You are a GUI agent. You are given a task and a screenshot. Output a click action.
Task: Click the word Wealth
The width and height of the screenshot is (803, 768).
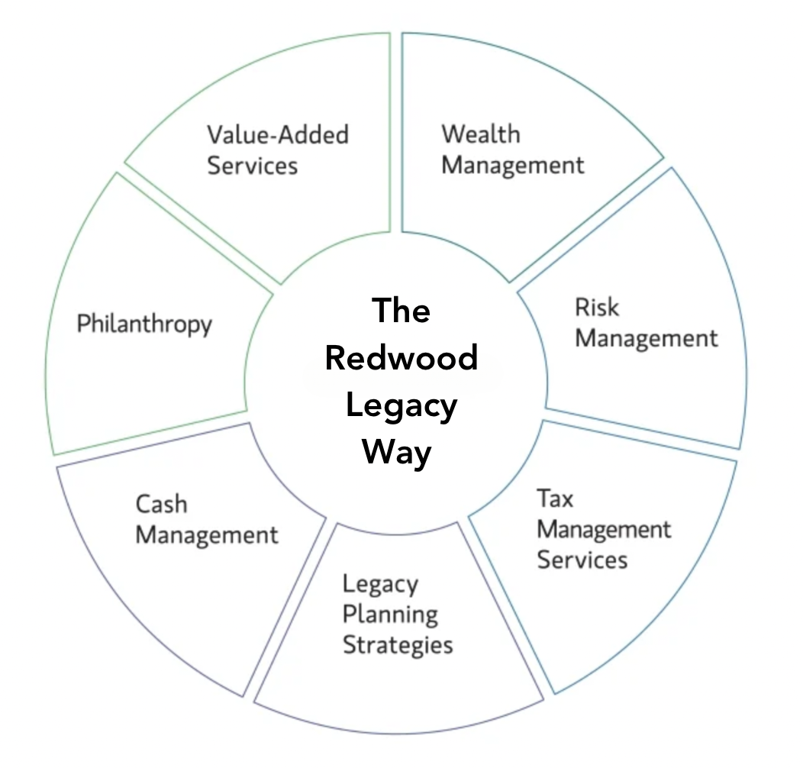point(481,134)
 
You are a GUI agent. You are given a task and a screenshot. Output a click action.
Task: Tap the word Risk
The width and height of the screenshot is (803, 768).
point(596,308)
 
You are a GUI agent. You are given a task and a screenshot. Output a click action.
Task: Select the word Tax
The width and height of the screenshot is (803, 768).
point(555,499)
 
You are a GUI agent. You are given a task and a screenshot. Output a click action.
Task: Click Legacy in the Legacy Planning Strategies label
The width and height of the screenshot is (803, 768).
point(380,586)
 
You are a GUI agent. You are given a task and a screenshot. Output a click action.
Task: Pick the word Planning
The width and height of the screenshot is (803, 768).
point(390,615)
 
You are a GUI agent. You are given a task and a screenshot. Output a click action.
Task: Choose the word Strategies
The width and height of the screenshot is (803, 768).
point(398,644)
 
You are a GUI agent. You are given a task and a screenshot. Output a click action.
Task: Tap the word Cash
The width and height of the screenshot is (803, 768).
point(161,504)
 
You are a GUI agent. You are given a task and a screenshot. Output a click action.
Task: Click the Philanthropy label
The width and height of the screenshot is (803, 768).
point(144,324)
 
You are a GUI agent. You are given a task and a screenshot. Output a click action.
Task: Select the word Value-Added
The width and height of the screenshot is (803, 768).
point(278,135)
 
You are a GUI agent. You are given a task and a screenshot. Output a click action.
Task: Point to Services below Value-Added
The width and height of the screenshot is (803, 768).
point(252,165)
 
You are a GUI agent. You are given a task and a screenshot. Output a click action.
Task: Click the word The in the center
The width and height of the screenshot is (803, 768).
point(401,311)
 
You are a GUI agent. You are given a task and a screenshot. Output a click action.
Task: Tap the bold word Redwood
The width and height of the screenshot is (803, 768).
point(401,357)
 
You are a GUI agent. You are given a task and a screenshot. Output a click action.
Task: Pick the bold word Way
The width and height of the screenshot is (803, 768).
point(397,452)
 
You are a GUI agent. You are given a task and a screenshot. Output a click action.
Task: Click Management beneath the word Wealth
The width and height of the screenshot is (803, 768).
point(512,165)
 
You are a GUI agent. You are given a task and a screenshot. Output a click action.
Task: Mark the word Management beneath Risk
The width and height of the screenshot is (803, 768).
point(646,338)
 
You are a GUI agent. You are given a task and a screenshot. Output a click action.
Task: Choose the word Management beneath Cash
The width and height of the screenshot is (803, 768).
point(207,534)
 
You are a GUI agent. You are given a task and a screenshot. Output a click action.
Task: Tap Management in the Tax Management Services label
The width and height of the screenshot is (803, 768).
point(604,529)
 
